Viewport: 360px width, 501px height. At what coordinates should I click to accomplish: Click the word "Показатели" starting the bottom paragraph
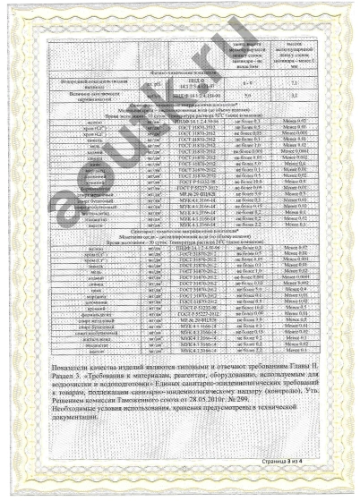67,368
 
